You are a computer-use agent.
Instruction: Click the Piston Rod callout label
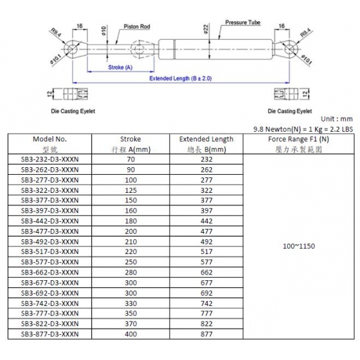coord(137,26)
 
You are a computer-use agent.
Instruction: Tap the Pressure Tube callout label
coord(243,22)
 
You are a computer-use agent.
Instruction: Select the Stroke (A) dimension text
coord(120,67)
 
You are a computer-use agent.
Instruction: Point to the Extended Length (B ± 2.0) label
coord(181,78)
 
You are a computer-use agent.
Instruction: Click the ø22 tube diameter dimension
coord(206,29)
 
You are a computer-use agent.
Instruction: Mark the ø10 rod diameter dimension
coord(104,31)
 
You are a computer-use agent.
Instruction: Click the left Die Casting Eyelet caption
coord(73,111)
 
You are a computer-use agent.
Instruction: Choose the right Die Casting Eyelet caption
coord(290,111)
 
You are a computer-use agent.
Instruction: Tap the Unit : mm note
coord(337,119)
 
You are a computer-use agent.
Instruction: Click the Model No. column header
coord(50,139)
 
